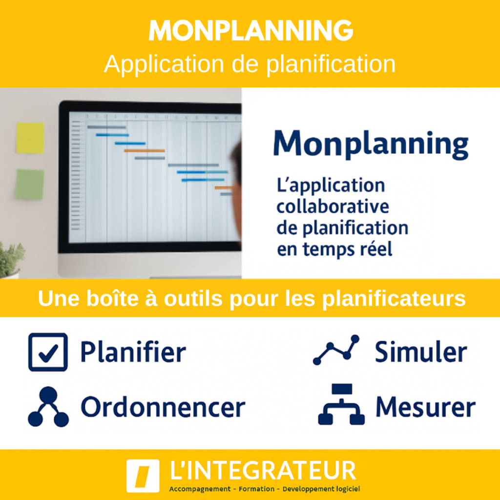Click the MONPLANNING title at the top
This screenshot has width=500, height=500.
pos(250,31)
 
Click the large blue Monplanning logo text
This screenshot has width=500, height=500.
pos(371,145)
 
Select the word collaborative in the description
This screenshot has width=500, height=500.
pos(333,207)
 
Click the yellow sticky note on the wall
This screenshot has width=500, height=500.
pos(30,138)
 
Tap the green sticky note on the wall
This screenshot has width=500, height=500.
pos(29,184)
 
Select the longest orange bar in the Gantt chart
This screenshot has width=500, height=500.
pos(144,150)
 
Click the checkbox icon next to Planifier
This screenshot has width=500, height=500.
pos(47,352)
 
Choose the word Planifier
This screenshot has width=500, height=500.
pos(133,352)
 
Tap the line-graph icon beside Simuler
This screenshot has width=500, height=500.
pos(336,350)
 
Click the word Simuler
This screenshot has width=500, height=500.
pos(420,352)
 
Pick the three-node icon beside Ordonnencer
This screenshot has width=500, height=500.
pos(48,407)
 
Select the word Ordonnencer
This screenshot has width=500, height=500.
pos(163,407)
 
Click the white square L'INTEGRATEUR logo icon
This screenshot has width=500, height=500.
pos(143,476)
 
